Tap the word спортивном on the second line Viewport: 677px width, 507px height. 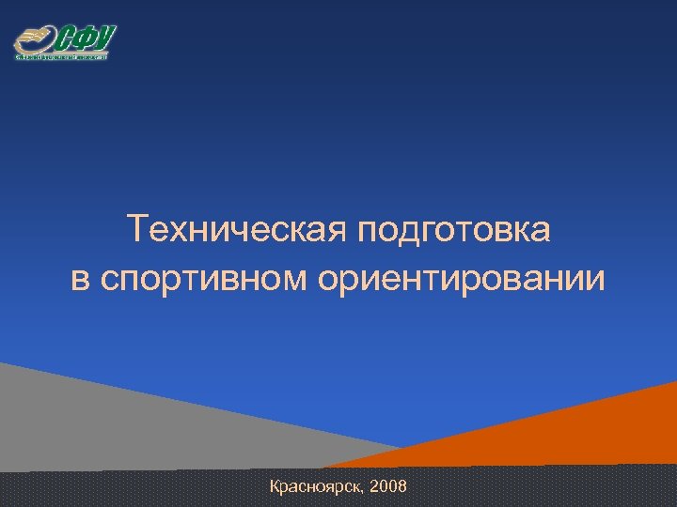coord(204,280)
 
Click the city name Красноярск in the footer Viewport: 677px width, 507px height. coord(317,486)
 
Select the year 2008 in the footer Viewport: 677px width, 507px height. coord(389,486)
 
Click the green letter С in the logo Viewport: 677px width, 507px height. coord(67,39)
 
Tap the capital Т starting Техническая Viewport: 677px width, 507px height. coord(136,229)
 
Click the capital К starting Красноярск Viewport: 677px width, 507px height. coord(275,486)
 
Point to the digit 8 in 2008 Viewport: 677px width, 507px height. coord(402,486)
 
